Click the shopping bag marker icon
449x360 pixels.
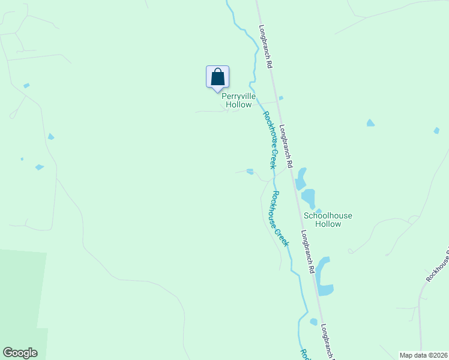(217, 77)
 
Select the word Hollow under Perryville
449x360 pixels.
(238, 104)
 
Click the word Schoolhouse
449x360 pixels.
(328, 215)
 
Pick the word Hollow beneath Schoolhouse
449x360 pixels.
(328, 224)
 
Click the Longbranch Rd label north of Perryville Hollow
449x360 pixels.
(267, 46)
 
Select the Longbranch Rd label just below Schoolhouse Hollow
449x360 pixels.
(307, 252)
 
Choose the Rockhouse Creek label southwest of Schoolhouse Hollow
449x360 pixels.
(279, 218)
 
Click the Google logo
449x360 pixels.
(20, 353)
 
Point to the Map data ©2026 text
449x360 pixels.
(423, 355)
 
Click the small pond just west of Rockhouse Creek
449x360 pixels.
(250, 172)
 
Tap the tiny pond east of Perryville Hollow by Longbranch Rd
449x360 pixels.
(281, 98)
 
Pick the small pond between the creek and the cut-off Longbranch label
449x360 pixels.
(313, 322)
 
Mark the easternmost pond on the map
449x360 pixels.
(436, 130)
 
